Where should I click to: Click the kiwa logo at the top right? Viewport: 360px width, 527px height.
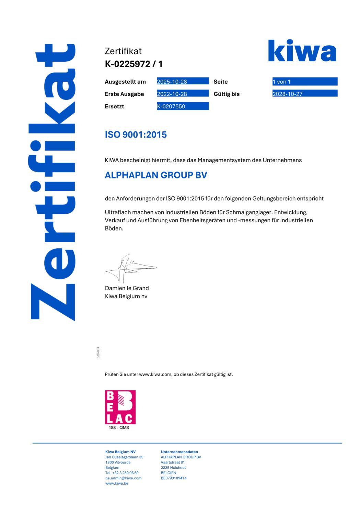[302, 51]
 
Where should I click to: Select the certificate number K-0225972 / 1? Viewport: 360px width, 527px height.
[133, 64]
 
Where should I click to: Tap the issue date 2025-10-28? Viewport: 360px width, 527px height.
[172, 82]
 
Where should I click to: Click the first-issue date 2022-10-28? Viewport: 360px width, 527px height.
[172, 94]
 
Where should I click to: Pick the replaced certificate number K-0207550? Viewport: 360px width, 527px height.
[171, 106]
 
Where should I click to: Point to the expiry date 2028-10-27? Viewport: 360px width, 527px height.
[288, 94]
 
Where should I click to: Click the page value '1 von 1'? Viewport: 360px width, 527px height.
[281, 82]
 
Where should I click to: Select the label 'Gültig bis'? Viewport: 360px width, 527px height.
[227, 94]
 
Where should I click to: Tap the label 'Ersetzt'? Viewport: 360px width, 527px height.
[114, 106]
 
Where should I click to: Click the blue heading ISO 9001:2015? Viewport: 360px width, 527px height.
[136, 134]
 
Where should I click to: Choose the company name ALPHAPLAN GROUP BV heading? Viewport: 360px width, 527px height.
[156, 175]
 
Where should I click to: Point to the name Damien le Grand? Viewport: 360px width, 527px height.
[127, 288]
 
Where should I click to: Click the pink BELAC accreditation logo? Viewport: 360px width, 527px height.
[120, 407]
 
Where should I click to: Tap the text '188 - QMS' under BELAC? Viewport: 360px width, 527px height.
[119, 428]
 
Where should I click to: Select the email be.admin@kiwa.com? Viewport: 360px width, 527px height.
[123, 478]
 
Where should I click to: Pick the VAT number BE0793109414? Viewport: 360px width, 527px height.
[174, 478]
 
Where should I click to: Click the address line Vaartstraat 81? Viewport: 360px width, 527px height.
[173, 462]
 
